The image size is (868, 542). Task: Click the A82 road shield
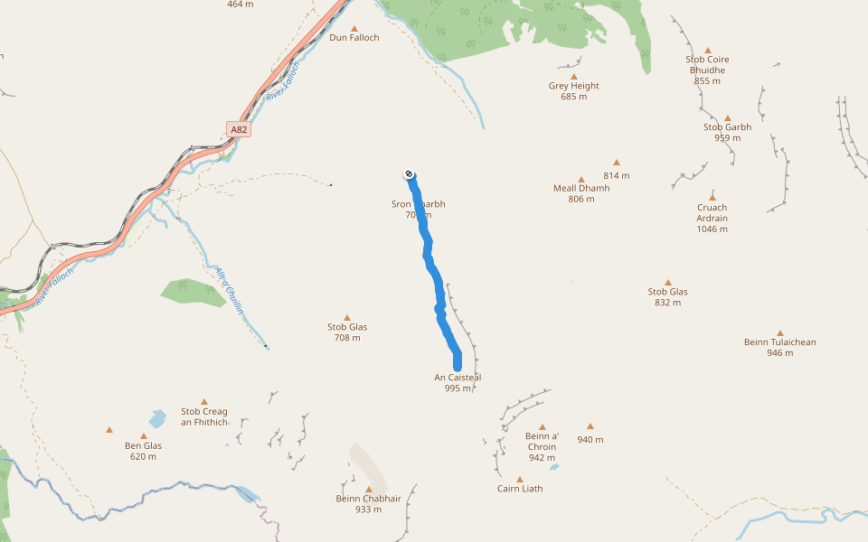pos(238,130)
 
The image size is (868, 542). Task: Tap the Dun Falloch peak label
pos(354,38)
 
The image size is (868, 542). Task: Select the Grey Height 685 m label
pos(573,91)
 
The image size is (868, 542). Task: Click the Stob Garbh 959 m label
pos(727,132)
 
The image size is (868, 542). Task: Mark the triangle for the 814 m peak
pos(617,163)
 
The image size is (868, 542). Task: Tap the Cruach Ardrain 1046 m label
pos(712,218)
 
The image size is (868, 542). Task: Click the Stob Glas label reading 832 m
pos(667,296)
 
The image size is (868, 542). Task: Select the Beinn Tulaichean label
pos(779,347)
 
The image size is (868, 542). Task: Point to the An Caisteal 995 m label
pos(458,382)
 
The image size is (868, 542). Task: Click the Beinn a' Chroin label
pos(542,446)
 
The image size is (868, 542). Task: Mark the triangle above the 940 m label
pos(590,426)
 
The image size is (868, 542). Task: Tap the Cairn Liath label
pos(520,489)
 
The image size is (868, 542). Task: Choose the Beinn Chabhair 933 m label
pos(368,503)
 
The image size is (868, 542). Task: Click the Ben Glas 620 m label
pos(143,450)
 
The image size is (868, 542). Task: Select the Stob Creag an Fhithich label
pos(204,416)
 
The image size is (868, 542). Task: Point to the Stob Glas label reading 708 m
pos(347,332)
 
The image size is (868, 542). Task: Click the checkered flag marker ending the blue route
pos(410,173)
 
